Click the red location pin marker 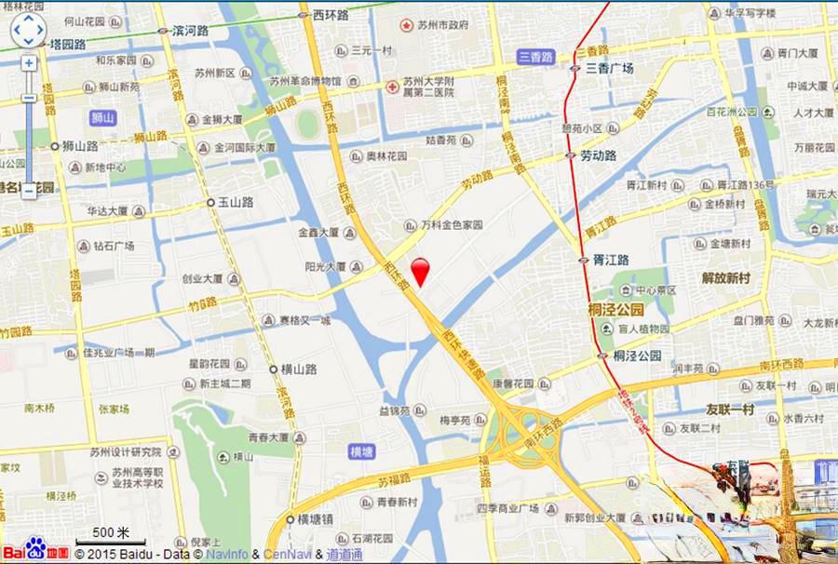tap(421, 270)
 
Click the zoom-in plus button tap(29, 63)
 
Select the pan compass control tap(28, 29)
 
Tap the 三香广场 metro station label tap(609, 68)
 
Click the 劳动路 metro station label tap(598, 155)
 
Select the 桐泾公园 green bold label tap(615, 309)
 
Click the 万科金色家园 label tap(451, 225)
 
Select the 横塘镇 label tap(318, 519)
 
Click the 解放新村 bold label tap(731, 277)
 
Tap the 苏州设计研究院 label tap(126, 452)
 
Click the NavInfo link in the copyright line tap(228, 555)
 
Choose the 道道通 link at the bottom tap(344, 555)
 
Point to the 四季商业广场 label tap(508, 508)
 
